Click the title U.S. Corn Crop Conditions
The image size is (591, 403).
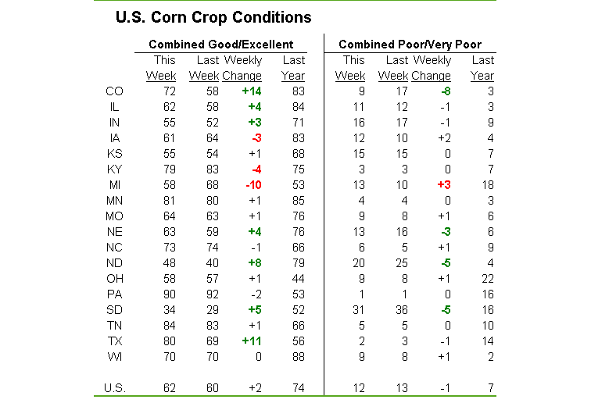click(213, 17)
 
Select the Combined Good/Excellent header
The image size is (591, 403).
click(221, 45)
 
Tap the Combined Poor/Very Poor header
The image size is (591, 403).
click(410, 45)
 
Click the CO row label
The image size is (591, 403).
click(114, 91)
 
